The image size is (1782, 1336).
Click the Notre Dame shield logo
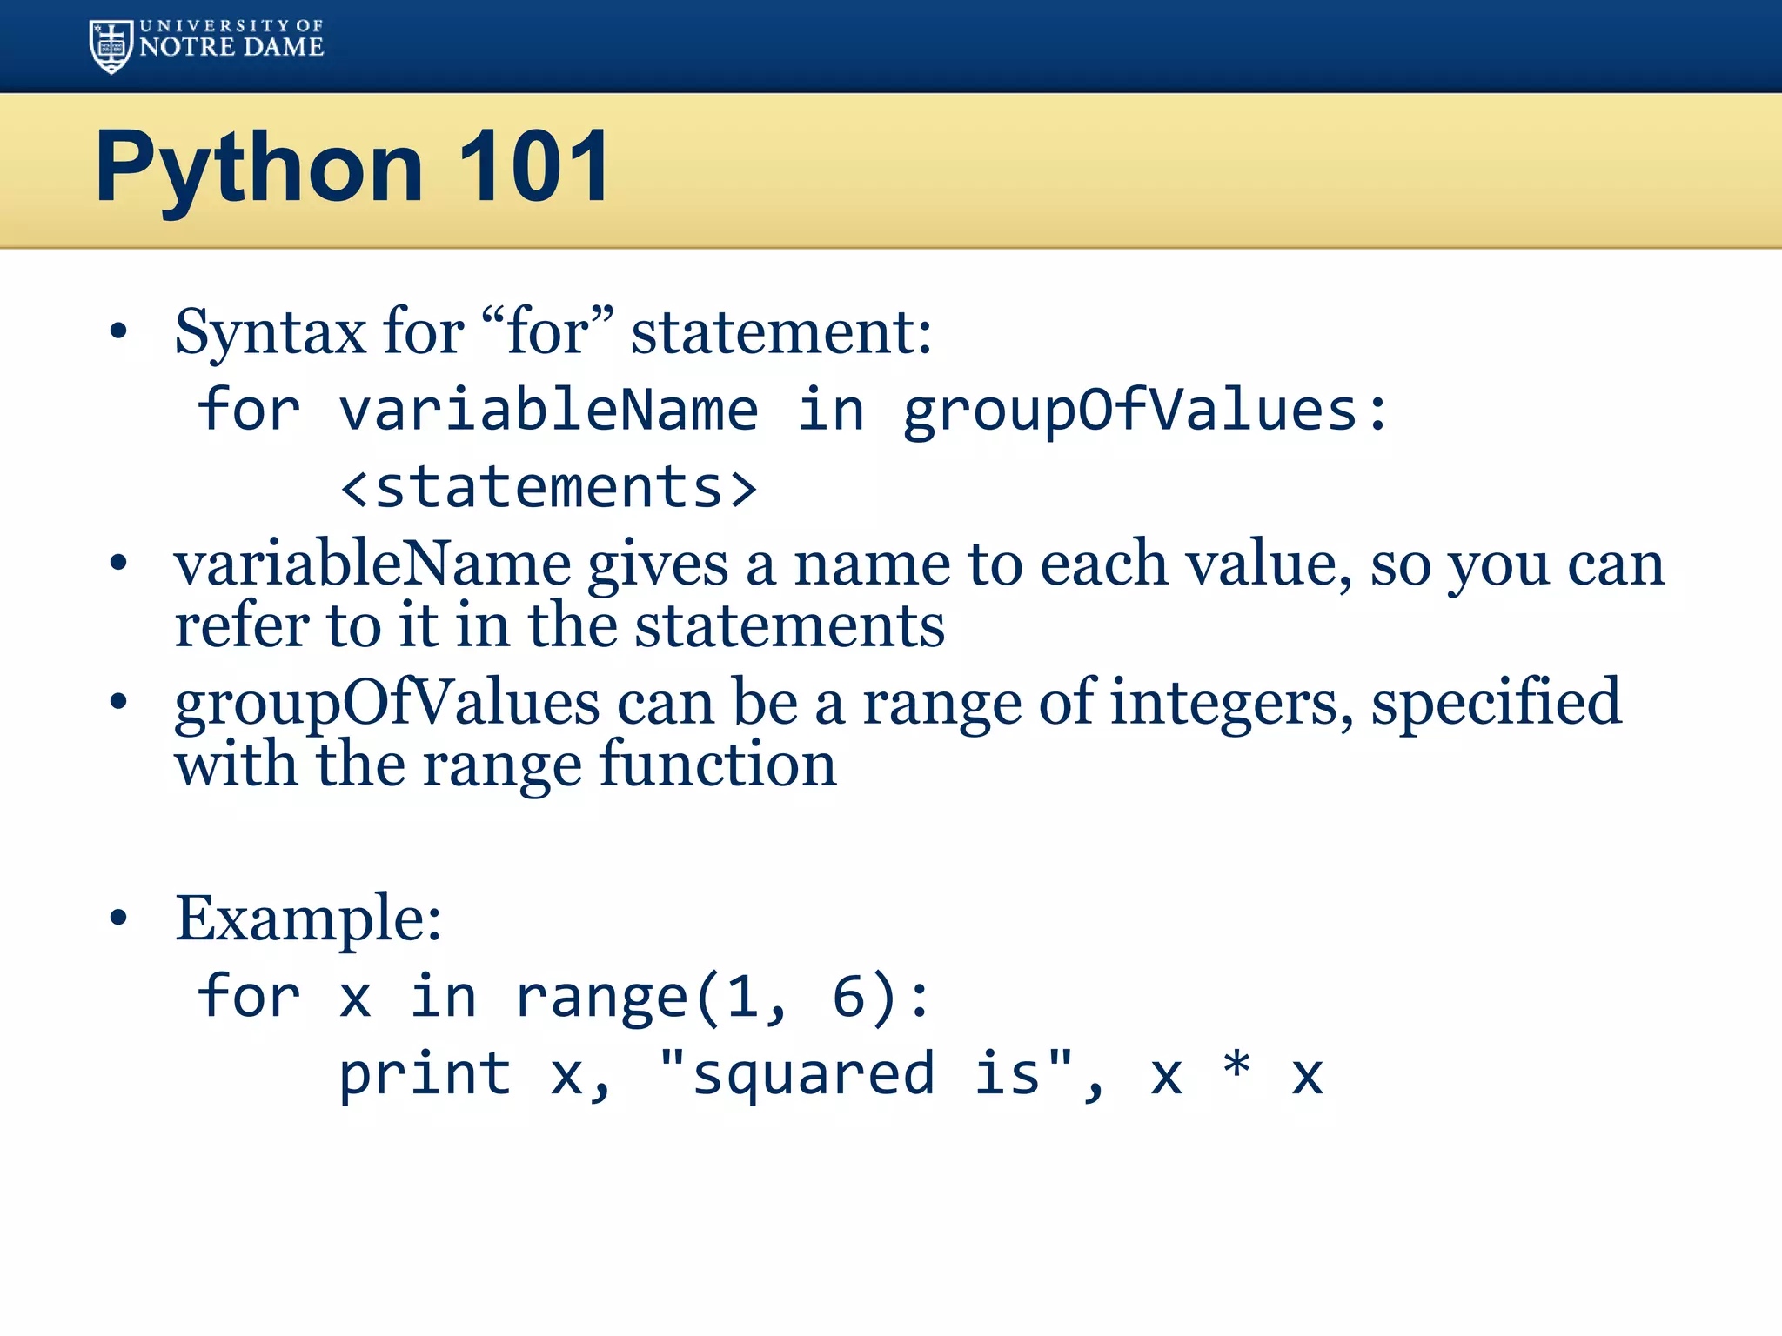click(x=111, y=46)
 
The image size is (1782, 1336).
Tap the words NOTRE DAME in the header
click(x=231, y=47)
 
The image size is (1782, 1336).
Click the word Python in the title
click(x=258, y=167)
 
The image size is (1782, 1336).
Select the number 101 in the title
click(x=534, y=166)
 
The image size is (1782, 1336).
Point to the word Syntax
click(x=271, y=333)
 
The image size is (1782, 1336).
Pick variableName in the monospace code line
click(x=548, y=410)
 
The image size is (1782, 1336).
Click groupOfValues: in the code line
click(x=1145, y=411)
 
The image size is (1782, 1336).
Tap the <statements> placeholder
click(x=548, y=487)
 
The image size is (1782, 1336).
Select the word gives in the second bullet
click(x=658, y=565)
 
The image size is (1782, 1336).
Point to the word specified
click(x=1496, y=703)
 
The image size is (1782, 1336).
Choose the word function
click(x=718, y=765)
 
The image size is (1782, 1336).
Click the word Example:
click(x=308, y=918)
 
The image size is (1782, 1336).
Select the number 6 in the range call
click(x=849, y=997)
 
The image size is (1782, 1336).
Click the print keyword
click(x=425, y=1075)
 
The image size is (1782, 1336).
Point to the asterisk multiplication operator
click(x=1236, y=1066)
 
